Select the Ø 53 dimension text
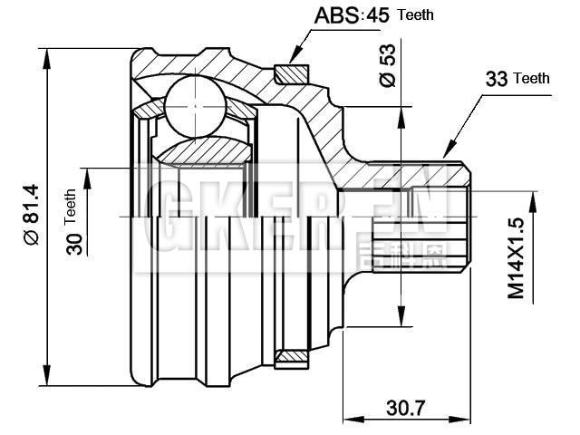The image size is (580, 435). pos(388,66)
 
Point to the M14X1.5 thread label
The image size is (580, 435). pos(516,258)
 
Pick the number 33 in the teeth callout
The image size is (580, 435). pos(496,79)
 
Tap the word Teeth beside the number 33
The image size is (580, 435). pos(532,79)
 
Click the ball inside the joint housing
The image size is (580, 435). pos(194,106)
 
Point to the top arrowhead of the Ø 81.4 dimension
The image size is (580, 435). pos(45,53)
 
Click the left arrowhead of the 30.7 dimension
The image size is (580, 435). pos(349,420)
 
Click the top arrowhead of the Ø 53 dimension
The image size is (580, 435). pos(399,114)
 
